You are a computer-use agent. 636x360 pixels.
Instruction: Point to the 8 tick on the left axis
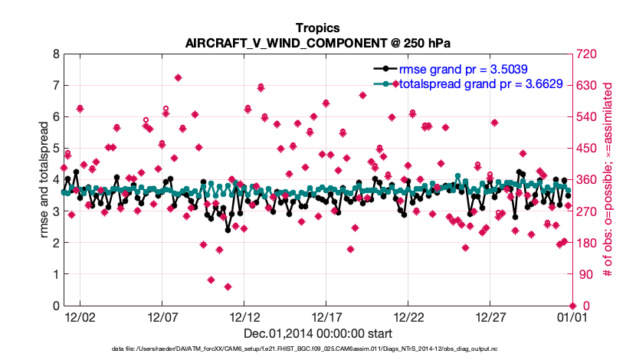coord(54,54)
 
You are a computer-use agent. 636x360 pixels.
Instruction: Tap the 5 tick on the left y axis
coord(54,149)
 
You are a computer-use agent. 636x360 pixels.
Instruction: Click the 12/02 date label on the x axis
coord(80,316)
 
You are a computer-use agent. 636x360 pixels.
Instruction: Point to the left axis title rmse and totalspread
coord(44,180)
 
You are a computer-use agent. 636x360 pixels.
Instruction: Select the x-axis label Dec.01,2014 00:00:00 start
coord(318,333)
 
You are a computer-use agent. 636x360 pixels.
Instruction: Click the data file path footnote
coord(318,350)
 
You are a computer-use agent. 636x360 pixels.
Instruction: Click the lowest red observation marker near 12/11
coord(228,286)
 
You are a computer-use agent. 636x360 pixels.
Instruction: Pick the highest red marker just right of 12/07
coord(178,77)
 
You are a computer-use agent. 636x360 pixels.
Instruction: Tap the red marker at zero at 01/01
coord(572,306)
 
